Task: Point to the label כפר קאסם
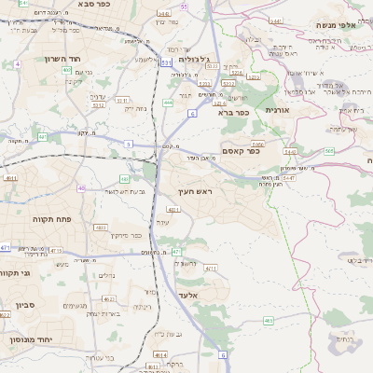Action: coord(240,152)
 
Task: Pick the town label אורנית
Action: coord(278,110)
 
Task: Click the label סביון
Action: coord(25,304)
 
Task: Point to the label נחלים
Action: coord(106,275)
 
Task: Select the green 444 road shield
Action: coord(168,103)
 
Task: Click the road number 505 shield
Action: coord(329,151)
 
